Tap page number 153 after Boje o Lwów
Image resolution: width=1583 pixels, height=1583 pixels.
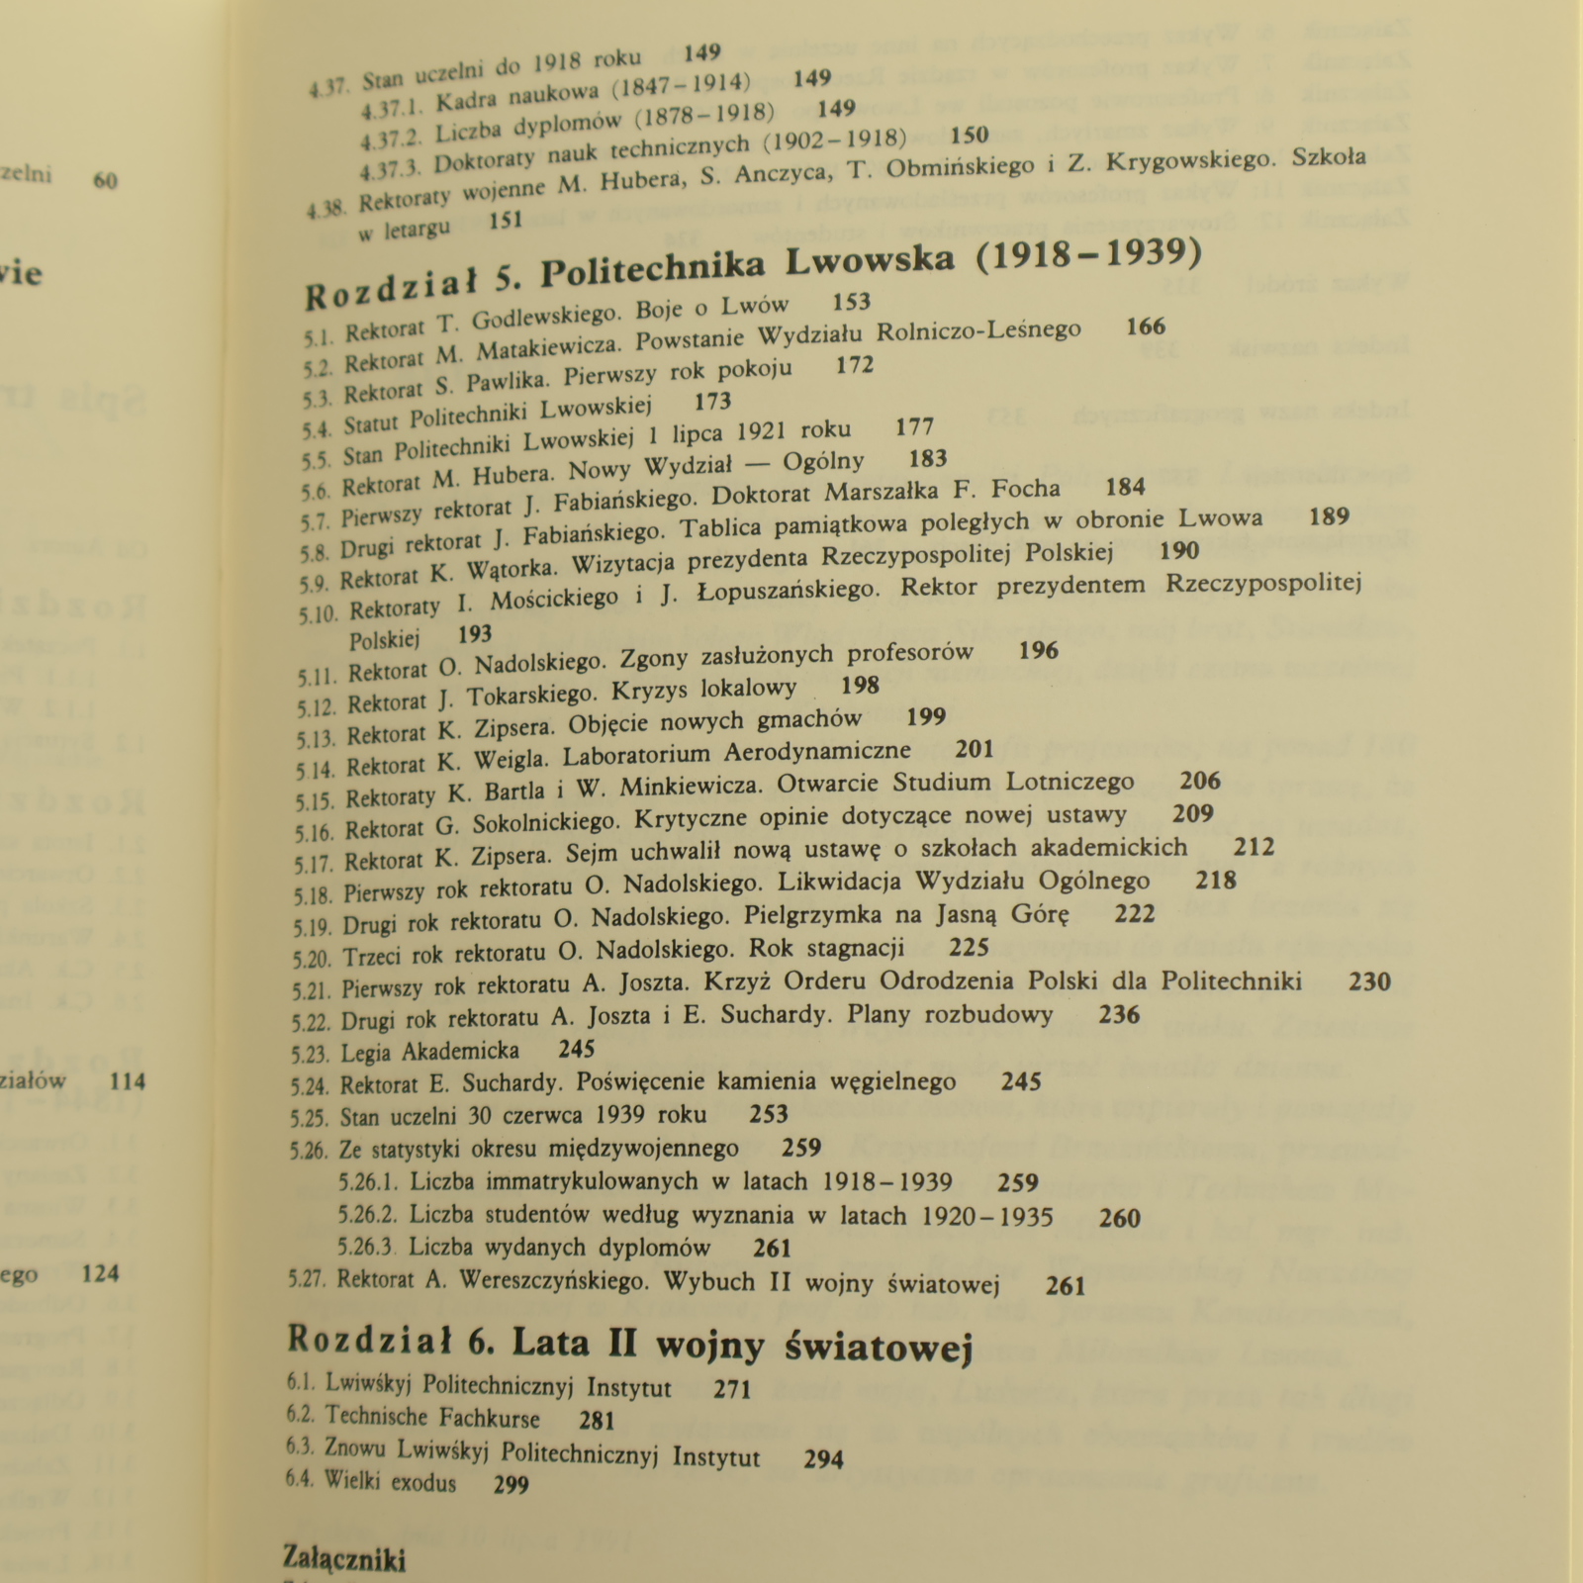click(x=851, y=303)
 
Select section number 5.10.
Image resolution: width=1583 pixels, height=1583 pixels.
click(x=318, y=613)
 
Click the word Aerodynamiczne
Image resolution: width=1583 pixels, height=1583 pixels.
click(x=816, y=753)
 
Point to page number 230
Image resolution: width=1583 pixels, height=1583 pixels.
click(x=1369, y=981)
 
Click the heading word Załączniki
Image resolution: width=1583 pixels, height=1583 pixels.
click(x=344, y=1559)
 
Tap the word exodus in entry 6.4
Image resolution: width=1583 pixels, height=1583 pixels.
click(x=423, y=1482)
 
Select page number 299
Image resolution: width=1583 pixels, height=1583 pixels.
click(x=511, y=1484)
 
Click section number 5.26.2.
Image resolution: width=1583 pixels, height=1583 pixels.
click(x=368, y=1214)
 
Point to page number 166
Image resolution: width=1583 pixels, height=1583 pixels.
click(x=1146, y=326)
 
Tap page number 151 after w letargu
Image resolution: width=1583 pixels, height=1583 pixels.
click(x=505, y=222)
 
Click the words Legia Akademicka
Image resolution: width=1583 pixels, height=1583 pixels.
click(x=429, y=1051)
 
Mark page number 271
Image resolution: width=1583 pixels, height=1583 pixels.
click(x=732, y=1389)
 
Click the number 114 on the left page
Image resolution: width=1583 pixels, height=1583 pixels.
click(x=128, y=1081)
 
